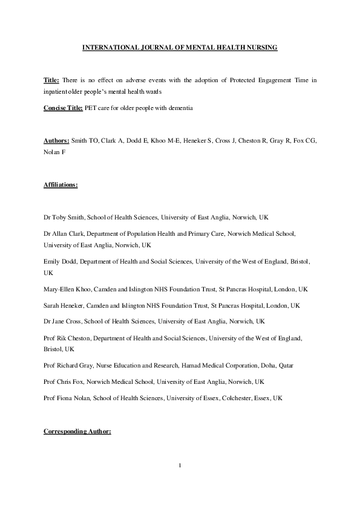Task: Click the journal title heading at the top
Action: pos(180,47)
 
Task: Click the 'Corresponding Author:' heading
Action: pos(77,432)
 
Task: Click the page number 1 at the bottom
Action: pos(180,465)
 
